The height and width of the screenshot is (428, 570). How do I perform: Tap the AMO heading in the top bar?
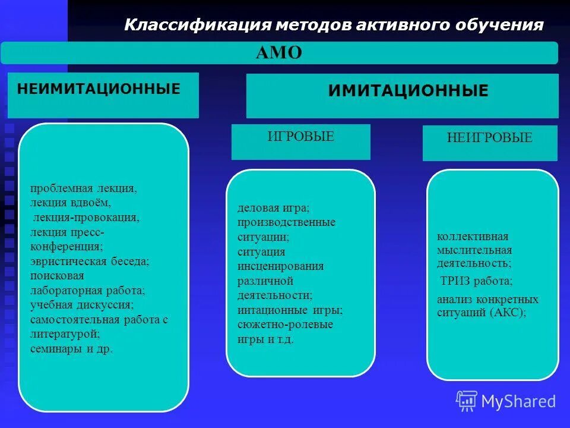coord(279,53)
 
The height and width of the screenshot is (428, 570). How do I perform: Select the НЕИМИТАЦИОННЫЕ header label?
coord(99,90)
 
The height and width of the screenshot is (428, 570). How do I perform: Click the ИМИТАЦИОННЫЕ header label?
coord(408,91)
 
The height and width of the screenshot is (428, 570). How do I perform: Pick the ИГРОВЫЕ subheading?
coord(300,137)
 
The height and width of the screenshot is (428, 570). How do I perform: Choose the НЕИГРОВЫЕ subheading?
coord(489,139)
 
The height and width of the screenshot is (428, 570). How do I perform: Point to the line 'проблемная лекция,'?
coord(84,188)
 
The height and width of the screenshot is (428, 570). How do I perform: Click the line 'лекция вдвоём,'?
coord(71,203)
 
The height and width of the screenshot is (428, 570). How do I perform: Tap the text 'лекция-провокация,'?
coord(87,217)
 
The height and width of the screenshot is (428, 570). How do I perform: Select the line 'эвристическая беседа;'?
coord(90,261)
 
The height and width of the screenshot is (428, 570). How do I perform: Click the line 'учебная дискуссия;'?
coord(82,305)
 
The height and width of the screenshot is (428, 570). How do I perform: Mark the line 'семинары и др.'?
coord(71,349)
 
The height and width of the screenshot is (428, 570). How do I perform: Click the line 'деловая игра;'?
coord(274,208)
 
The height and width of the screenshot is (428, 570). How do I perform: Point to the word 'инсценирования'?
coord(281,266)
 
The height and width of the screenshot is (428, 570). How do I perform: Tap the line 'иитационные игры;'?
coord(290,310)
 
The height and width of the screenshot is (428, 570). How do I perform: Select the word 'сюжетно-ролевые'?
coord(285,325)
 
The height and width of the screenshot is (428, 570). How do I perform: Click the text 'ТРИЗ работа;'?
coord(476,281)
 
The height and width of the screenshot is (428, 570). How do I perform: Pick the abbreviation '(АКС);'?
coord(508,313)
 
